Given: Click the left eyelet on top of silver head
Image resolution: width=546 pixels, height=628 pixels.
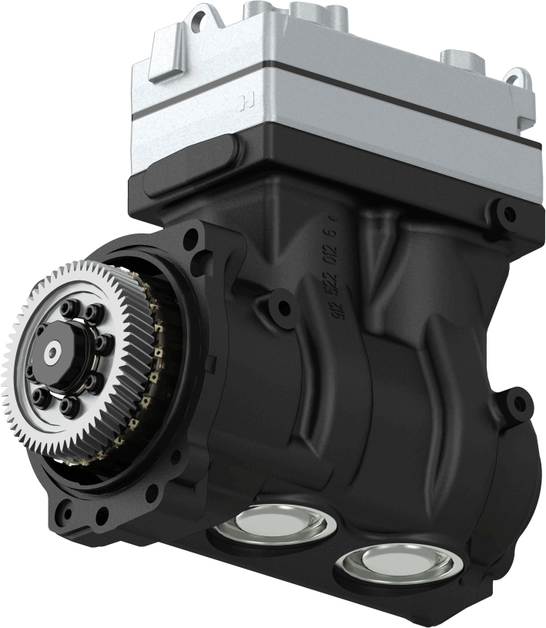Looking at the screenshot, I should [x=202, y=17].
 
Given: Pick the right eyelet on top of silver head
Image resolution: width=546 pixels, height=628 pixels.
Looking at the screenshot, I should [x=516, y=78].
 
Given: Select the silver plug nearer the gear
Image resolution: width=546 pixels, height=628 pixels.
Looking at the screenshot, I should [x=276, y=525].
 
